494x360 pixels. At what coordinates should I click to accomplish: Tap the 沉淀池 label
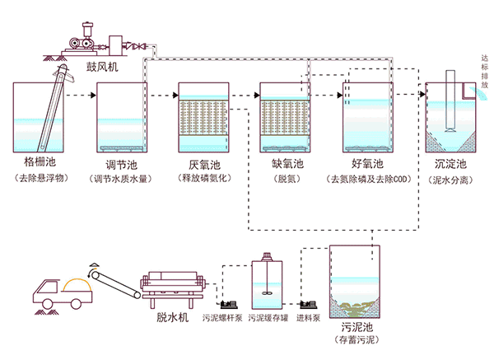450,163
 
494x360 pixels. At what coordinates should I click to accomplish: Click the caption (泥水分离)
450,178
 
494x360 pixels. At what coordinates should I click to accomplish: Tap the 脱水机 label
173,315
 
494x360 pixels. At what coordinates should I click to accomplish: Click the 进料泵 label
310,316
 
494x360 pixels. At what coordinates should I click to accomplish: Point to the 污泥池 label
356,327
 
